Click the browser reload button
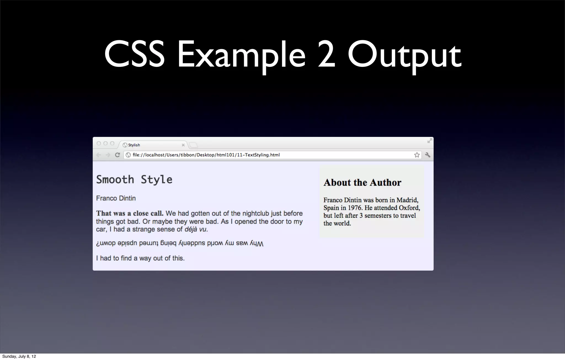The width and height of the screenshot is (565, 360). pyautogui.click(x=118, y=155)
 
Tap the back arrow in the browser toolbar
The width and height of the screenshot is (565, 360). pyautogui.click(x=98, y=155)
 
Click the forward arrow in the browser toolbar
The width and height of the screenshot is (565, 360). pyautogui.click(x=108, y=155)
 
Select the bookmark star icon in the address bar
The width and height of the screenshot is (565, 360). pyautogui.click(x=417, y=155)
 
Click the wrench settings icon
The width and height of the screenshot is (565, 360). pyautogui.click(x=428, y=155)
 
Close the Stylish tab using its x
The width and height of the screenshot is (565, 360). pyautogui.click(x=183, y=145)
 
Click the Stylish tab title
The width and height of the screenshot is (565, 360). pyautogui.click(x=134, y=145)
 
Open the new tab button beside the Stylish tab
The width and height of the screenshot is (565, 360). pyautogui.click(x=193, y=145)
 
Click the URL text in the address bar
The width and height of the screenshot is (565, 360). pyautogui.click(x=206, y=155)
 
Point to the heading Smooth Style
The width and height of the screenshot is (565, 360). pyautogui.click(x=134, y=179)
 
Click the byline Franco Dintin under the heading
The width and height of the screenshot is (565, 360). pyautogui.click(x=116, y=198)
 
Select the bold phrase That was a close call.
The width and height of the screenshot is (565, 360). pyautogui.click(x=130, y=213)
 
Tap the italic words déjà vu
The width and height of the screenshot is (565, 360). pyautogui.click(x=195, y=229)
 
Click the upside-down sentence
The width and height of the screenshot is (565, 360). pyautogui.click(x=180, y=243)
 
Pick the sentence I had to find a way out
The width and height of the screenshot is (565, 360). pyautogui.click(x=140, y=258)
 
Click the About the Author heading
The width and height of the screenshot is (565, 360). pyautogui.click(x=362, y=182)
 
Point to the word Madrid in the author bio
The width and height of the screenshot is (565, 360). pyautogui.click(x=407, y=200)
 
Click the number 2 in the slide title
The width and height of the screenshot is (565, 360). pyautogui.click(x=326, y=54)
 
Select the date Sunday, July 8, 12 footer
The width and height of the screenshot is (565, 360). pyautogui.click(x=19, y=356)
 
